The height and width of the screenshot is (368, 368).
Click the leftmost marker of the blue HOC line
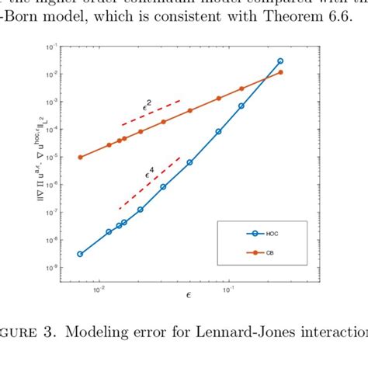80,254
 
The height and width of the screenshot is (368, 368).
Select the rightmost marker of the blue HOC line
280,61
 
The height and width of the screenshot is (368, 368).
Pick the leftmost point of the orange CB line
80,157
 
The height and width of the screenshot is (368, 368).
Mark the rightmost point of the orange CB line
280,72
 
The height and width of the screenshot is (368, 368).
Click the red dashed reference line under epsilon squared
151,113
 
